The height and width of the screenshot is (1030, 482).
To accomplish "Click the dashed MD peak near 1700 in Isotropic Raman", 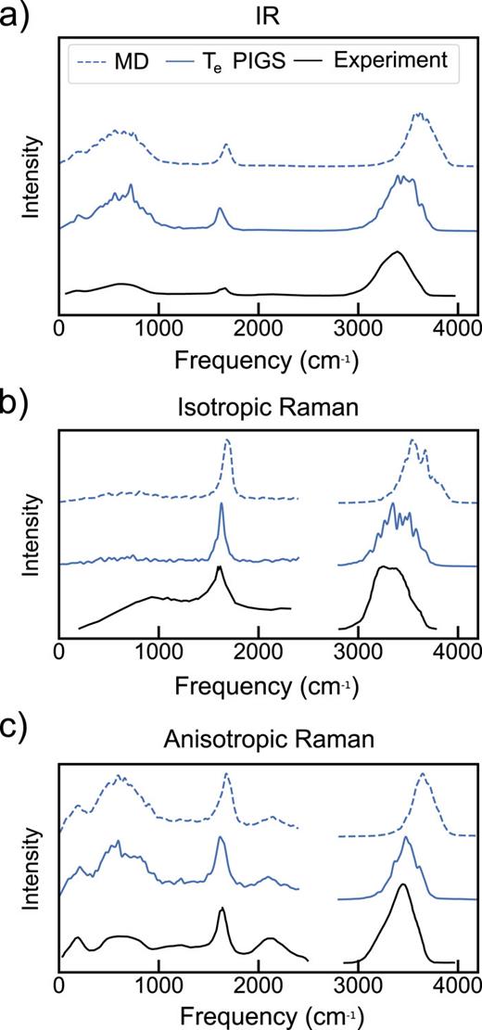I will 227,442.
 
